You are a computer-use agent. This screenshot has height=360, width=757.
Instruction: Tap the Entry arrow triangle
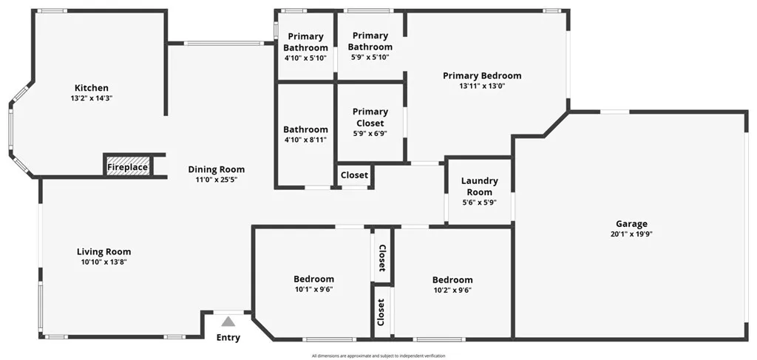[x=228, y=322]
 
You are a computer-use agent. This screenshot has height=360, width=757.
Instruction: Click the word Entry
[x=228, y=337]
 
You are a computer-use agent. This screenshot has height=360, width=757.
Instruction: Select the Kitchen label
[x=92, y=88]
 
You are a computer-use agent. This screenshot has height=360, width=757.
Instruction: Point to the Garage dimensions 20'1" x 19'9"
[x=631, y=234]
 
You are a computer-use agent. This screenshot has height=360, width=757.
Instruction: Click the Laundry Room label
[x=479, y=186]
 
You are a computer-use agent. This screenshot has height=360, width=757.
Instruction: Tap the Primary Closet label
[x=370, y=118]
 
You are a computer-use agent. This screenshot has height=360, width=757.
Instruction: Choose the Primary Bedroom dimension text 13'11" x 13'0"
[x=482, y=86]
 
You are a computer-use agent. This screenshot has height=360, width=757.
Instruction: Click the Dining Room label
[x=217, y=169]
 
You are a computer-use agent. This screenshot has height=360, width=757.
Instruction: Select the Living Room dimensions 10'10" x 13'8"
[x=103, y=262]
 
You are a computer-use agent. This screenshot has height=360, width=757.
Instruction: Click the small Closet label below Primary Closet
[x=354, y=175]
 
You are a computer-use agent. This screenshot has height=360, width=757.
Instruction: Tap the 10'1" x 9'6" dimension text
[x=313, y=290]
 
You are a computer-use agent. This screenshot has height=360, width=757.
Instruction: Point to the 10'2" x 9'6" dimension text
[x=452, y=290]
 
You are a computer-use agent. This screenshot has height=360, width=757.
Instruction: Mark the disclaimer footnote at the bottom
[x=378, y=356]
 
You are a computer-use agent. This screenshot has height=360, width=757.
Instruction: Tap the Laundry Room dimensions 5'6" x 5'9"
[x=479, y=203]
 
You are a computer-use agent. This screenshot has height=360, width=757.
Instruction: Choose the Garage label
[x=631, y=224]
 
